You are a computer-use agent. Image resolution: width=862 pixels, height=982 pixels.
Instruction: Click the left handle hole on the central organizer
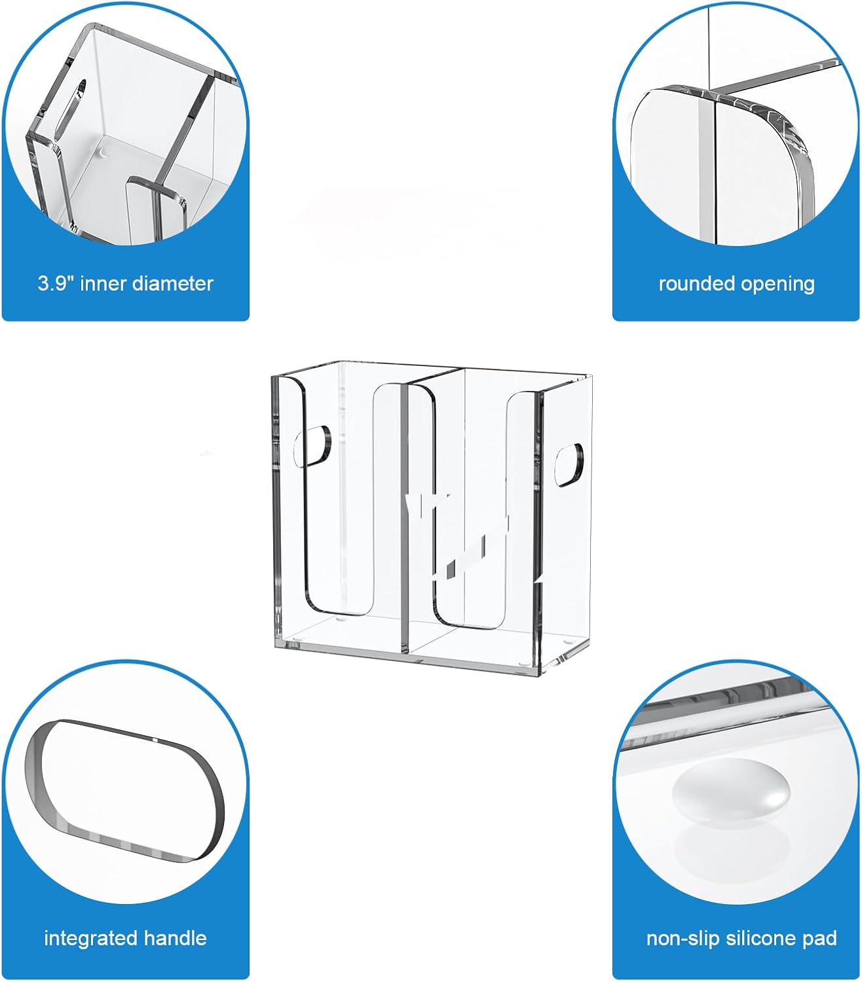click(x=312, y=446)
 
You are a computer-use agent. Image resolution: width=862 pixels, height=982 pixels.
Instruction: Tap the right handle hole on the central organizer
click(x=569, y=464)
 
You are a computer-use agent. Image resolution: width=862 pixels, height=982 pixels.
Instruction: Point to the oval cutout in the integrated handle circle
click(x=124, y=791)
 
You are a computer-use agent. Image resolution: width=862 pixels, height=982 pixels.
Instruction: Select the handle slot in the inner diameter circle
click(x=70, y=110)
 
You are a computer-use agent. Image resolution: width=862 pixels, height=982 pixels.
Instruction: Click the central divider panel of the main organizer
click(x=405, y=518)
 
